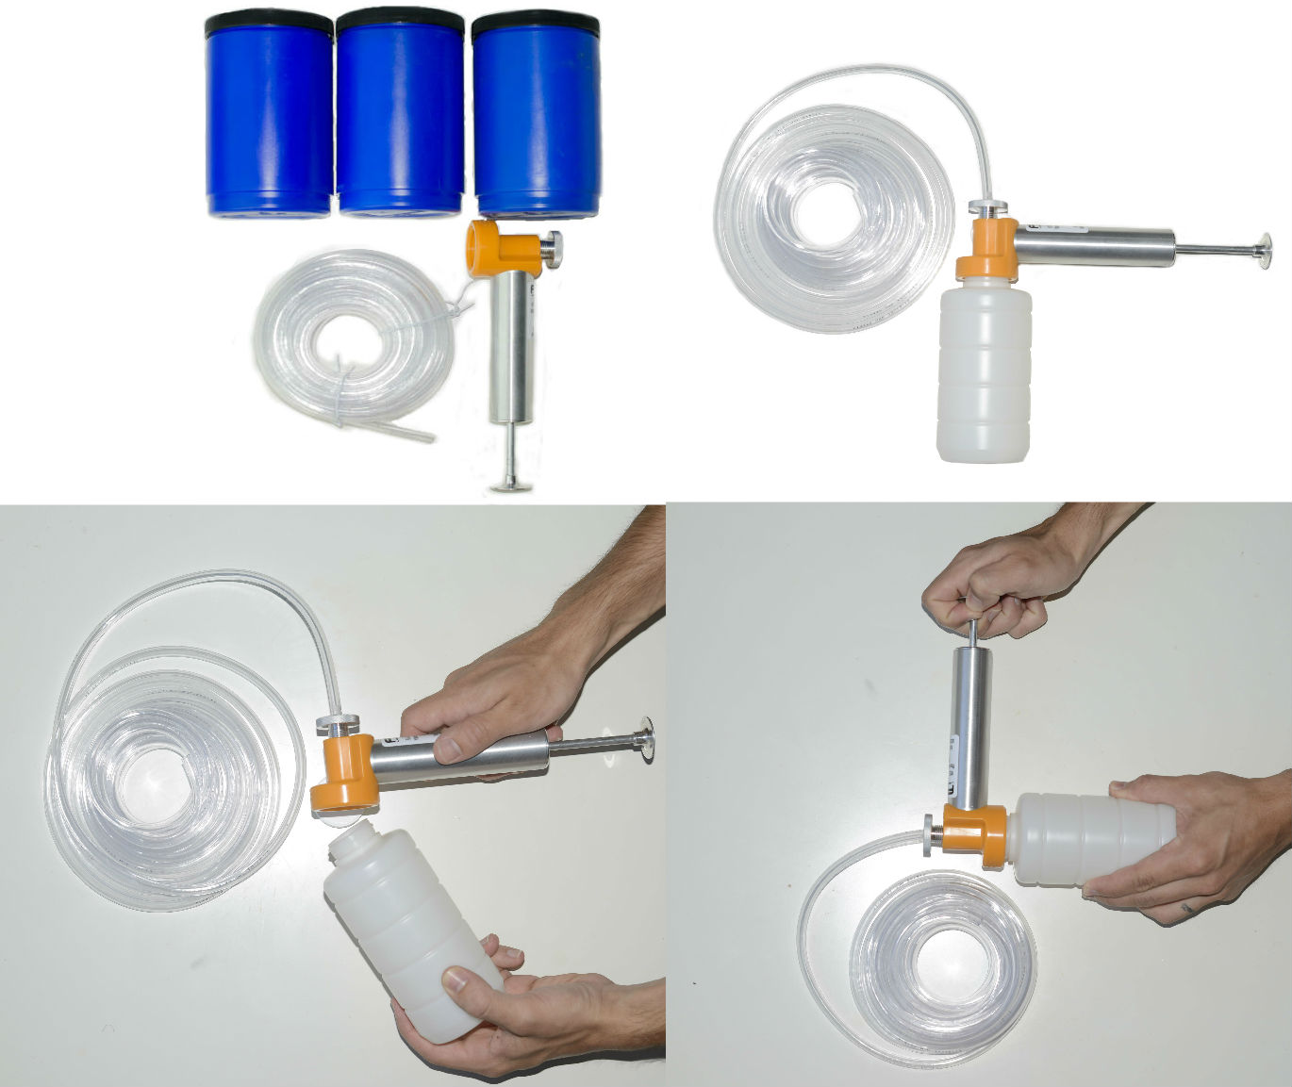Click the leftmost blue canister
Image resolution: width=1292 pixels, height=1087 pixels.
pyautogui.click(x=269, y=113)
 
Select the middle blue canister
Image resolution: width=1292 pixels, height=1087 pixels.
pyautogui.click(x=400, y=113)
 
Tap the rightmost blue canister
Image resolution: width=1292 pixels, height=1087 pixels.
pyautogui.click(x=536, y=113)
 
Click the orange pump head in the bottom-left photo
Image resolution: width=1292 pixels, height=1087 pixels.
pyautogui.click(x=343, y=773)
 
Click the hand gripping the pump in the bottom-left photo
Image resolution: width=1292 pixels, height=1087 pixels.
pyautogui.click(x=490, y=698)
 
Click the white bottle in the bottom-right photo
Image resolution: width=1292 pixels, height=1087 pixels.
pyautogui.click(x=1094, y=839)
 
